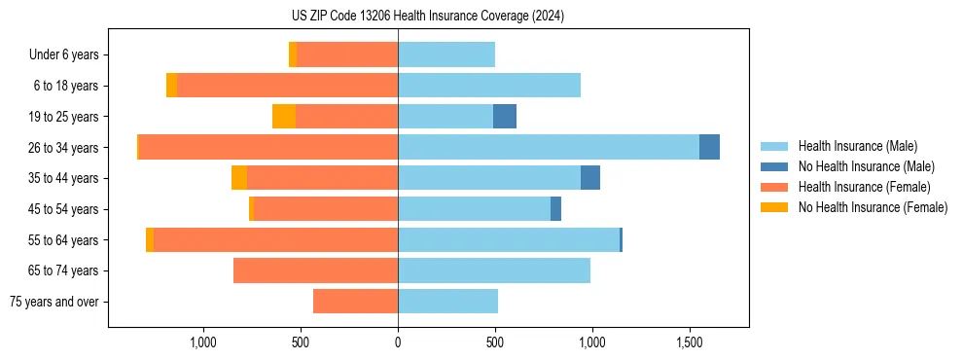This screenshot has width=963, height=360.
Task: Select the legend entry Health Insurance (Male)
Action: click(x=857, y=146)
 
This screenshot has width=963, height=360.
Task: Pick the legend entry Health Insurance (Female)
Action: click(x=864, y=187)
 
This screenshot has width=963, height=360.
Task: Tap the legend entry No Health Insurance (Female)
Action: click(x=873, y=207)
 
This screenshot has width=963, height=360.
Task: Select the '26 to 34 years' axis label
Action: click(x=64, y=148)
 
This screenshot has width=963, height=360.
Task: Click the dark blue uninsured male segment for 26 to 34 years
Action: click(x=709, y=147)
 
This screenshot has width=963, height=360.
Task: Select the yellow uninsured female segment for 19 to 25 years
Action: click(x=284, y=117)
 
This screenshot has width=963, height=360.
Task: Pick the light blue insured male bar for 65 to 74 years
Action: click(x=494, y=270)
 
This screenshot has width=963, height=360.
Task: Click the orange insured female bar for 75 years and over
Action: click(x=355, y=302)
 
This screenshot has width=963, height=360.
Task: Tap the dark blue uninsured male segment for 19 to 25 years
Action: click(x=505, y=117)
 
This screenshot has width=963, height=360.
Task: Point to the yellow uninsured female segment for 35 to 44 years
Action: click(x=239, y=178)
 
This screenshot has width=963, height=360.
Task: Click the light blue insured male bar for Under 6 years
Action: click(x=446, y=54)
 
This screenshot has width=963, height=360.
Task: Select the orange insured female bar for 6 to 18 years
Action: click(x=287, y=86)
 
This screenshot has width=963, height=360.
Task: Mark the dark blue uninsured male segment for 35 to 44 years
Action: click(x=590, y=178)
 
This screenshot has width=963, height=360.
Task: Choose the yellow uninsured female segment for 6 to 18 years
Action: click(x=171, y=86)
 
